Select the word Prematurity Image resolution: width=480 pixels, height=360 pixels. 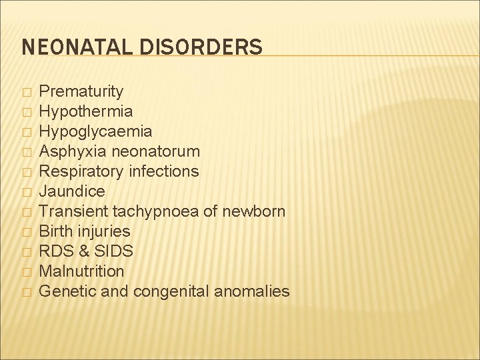pyautogui.click(x=81, y=91)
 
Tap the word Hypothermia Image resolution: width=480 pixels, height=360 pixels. pyautogui.click(x=86, y=111)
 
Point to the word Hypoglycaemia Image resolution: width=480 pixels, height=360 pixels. pyautogui.click(x=95, y=131)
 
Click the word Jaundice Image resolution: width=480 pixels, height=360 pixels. pyautogui.click(x=72, y=191)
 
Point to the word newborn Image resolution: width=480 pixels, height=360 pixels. pyautogui.click(x=255, y=211)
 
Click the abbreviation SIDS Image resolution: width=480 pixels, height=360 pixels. pyautogui.click(x=114, y=251)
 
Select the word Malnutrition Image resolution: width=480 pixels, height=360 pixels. pyautogui.click(x=81, y=271)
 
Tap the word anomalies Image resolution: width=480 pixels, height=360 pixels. pyautogui.click(x=257, y=291)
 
